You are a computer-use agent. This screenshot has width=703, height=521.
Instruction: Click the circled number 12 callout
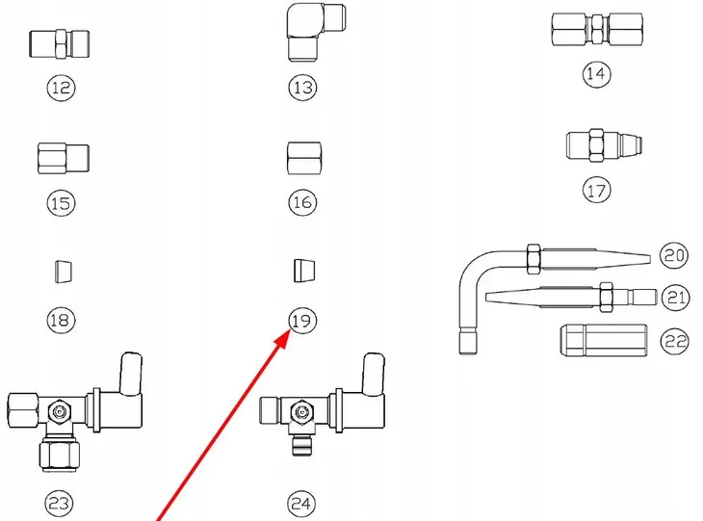tap(61, 88)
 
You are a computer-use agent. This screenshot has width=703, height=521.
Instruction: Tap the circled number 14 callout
tap(596, 73)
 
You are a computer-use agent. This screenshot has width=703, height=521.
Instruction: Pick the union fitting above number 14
tap(597, 30)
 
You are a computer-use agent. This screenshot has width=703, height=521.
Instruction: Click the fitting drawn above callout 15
tap(64, 158)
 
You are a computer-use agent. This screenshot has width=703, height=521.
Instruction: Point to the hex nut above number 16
tap(303, 158)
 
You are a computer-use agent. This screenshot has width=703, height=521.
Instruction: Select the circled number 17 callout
tap(596, 190)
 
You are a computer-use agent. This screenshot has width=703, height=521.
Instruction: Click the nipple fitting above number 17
tap(604, 144)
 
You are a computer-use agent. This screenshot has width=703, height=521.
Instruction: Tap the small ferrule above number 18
tap(64, 272)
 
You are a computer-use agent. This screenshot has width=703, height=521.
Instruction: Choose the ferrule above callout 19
tap(304, 271)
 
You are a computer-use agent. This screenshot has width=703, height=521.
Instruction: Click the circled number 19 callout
tap(302, 321)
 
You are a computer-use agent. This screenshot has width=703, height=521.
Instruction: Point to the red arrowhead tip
tap(289, 330)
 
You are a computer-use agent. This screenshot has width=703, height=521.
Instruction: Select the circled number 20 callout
tap(674, 255)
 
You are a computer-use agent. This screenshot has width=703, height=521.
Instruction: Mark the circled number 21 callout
tap(675, 298)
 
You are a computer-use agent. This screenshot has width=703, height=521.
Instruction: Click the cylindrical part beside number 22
tap(604, 341)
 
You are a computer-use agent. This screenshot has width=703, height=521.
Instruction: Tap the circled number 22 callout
tap(675, 341)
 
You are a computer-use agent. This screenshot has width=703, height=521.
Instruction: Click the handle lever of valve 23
tap(130, 374)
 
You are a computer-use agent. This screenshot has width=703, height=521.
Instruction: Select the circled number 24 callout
tap(301, 504)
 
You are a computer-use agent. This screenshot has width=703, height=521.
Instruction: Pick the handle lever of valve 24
tap(373, 375)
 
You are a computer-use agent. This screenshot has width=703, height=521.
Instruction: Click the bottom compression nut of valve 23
tap(59, 456)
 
